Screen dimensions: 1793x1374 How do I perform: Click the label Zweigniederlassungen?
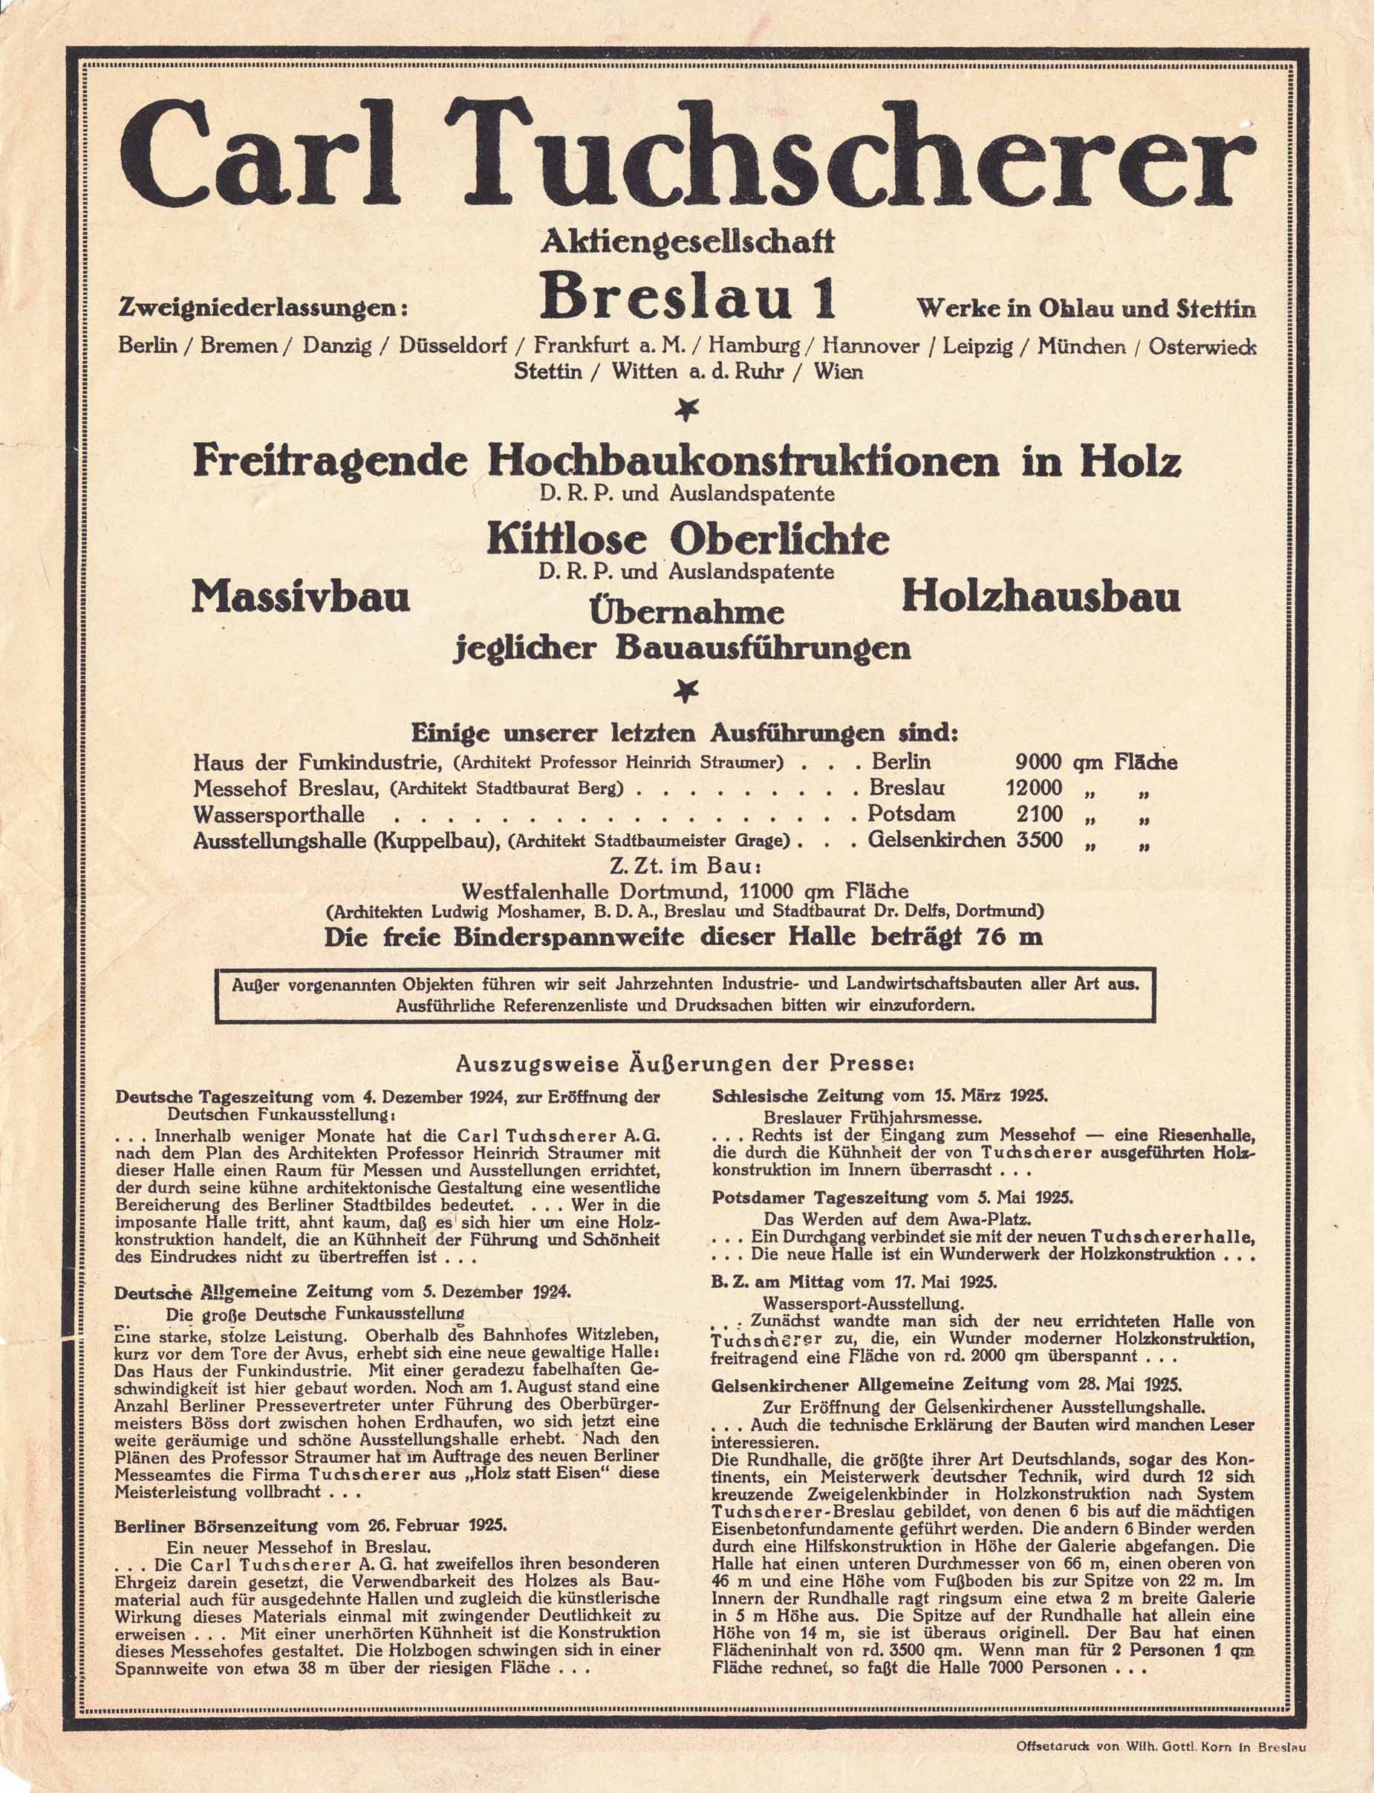coord(262,308)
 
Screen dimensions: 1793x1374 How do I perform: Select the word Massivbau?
coord(300,598)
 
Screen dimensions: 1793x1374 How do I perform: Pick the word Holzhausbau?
coord(1041,598)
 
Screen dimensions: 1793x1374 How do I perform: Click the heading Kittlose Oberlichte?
coord(688,539)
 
